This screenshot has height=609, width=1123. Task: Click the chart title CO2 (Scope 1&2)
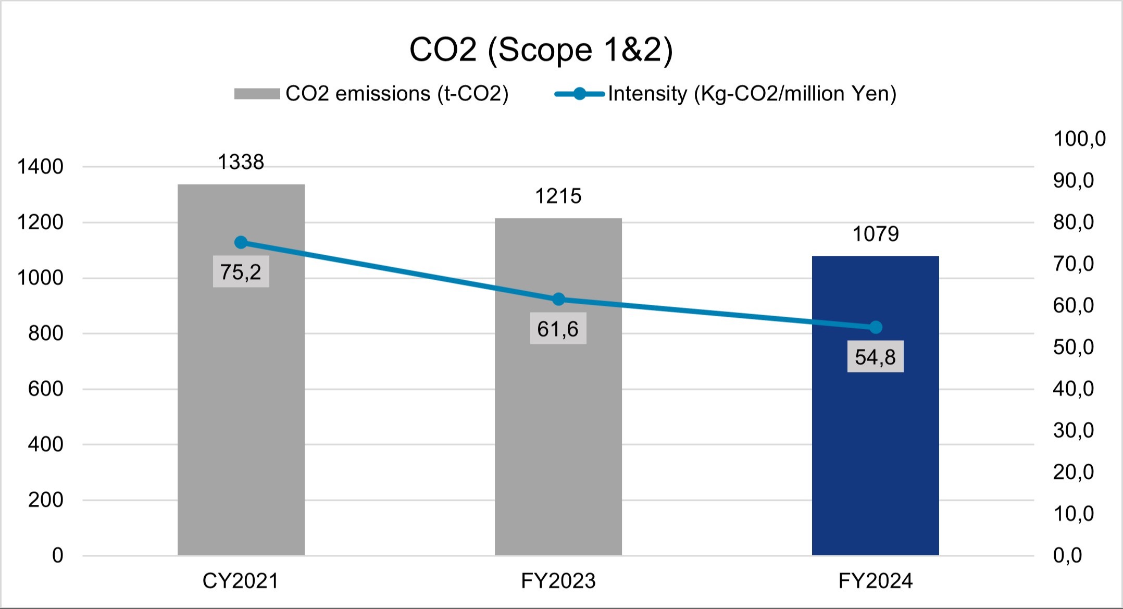tap(541, 50)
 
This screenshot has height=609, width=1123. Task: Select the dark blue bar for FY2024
tap(875, 443)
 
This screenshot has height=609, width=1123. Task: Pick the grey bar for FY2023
tap(558, 443)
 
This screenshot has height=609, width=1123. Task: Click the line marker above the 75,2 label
tap(241, 242)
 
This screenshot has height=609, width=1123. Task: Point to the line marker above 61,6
tap(558, 299)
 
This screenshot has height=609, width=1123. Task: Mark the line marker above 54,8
tap(876, 327)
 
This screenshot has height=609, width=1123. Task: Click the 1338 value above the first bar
tap(241, 163)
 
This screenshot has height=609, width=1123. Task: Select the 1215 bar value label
tap(558, 196)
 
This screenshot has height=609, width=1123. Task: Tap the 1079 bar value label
tap(875, 234)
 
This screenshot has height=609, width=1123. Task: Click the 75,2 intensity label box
tap(241, 271)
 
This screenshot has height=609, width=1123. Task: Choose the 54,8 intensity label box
tap(875, 357)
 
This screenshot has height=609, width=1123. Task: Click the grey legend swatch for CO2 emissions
tap(257, 94)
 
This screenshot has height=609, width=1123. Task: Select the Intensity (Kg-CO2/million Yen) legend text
tap(752, 94)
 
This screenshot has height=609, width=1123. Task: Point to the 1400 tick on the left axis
tap(40, 167)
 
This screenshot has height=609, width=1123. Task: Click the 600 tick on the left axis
tap(45, 389)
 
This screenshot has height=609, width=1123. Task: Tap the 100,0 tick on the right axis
tap(1079, 139)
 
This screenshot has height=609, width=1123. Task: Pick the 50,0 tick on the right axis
tap(1074, 347)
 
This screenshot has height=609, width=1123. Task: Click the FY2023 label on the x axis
tap(558, 581)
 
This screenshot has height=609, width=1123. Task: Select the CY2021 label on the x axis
tap(241, 581)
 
